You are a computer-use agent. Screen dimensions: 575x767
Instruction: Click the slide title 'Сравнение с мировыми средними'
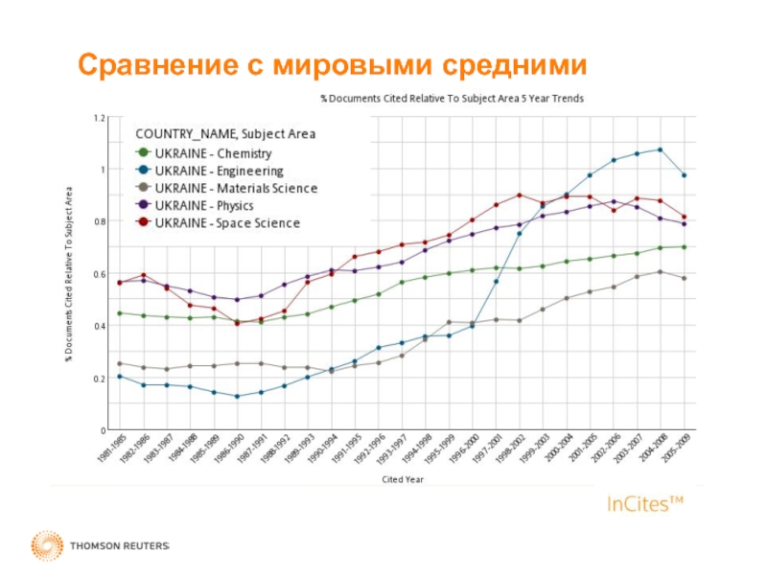point(332,65)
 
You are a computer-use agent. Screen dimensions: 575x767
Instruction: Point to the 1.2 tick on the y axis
point(100,118)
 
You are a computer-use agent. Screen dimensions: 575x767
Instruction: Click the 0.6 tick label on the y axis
point(100,274)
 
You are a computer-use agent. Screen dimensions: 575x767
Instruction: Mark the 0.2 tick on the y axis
point(100,379)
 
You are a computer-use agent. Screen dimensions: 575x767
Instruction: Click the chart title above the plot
point(452,98)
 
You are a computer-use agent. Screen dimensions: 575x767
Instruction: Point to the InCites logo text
point(645,503)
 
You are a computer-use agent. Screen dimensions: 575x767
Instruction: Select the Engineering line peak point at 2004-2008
point(660,149)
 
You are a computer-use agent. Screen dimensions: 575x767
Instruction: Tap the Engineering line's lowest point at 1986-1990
point(237,397)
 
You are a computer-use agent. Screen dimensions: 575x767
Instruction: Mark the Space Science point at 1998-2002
point(519,195)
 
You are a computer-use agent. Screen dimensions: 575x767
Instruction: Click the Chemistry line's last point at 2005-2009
point(684,247)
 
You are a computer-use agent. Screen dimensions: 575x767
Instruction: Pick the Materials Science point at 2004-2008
point(660,272)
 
